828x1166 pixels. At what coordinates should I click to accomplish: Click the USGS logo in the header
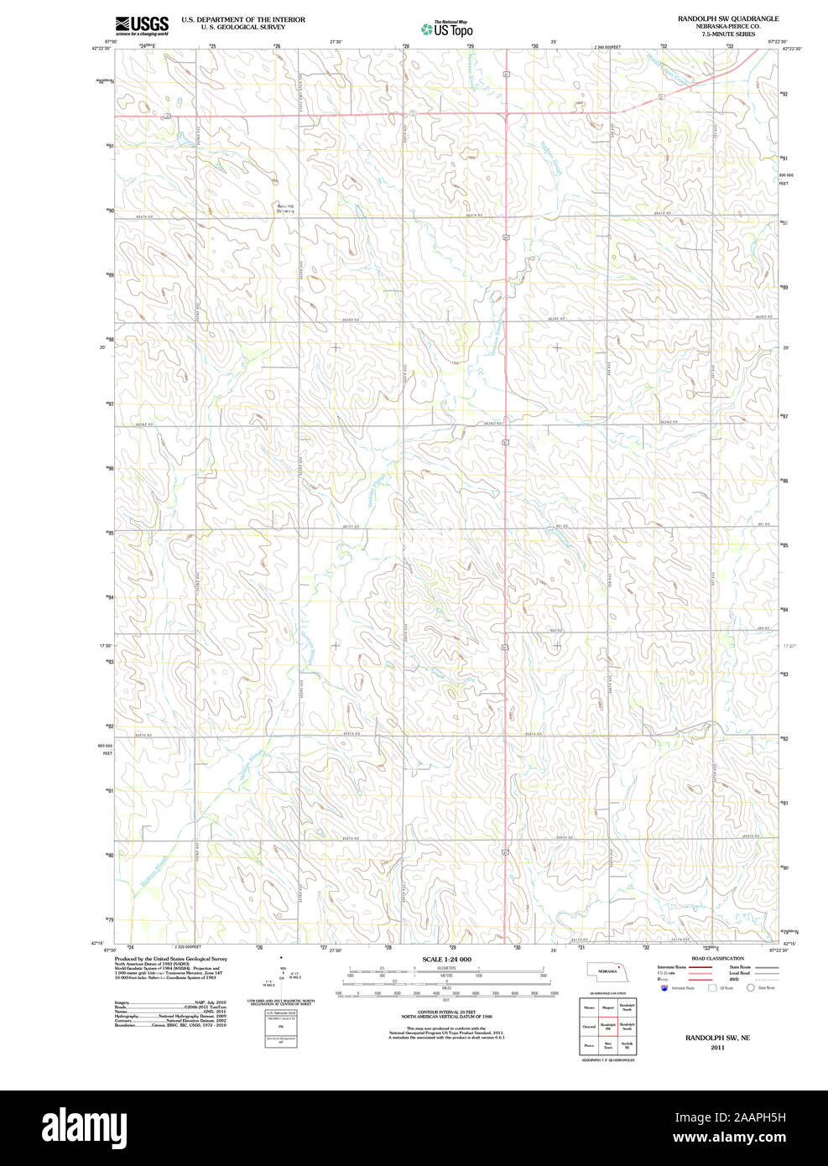142,24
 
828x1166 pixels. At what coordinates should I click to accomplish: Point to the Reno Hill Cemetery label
286,209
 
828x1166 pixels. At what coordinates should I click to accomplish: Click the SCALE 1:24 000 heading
446,959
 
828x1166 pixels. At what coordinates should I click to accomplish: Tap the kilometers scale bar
446,971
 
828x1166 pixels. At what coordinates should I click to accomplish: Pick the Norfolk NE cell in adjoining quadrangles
627,1045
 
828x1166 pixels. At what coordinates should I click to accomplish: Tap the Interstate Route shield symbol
664,988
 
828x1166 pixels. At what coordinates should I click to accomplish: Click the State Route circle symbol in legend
750,988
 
